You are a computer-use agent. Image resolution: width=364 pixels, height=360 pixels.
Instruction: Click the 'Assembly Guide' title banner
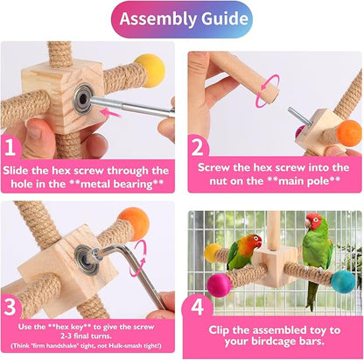pyautogui.click(x=181, y=19)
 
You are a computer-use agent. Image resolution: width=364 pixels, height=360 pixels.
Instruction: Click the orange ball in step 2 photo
pyautogui.click(x=349, y=132)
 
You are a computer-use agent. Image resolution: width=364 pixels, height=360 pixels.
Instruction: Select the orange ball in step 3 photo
pyautogui.click(x=134, y=223)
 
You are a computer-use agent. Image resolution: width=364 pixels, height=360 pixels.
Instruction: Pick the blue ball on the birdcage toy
pyautogui.click(x=343, y=281)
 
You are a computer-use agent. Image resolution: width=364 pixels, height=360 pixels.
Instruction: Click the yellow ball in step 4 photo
pyautogui.click(x=213, y=253)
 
